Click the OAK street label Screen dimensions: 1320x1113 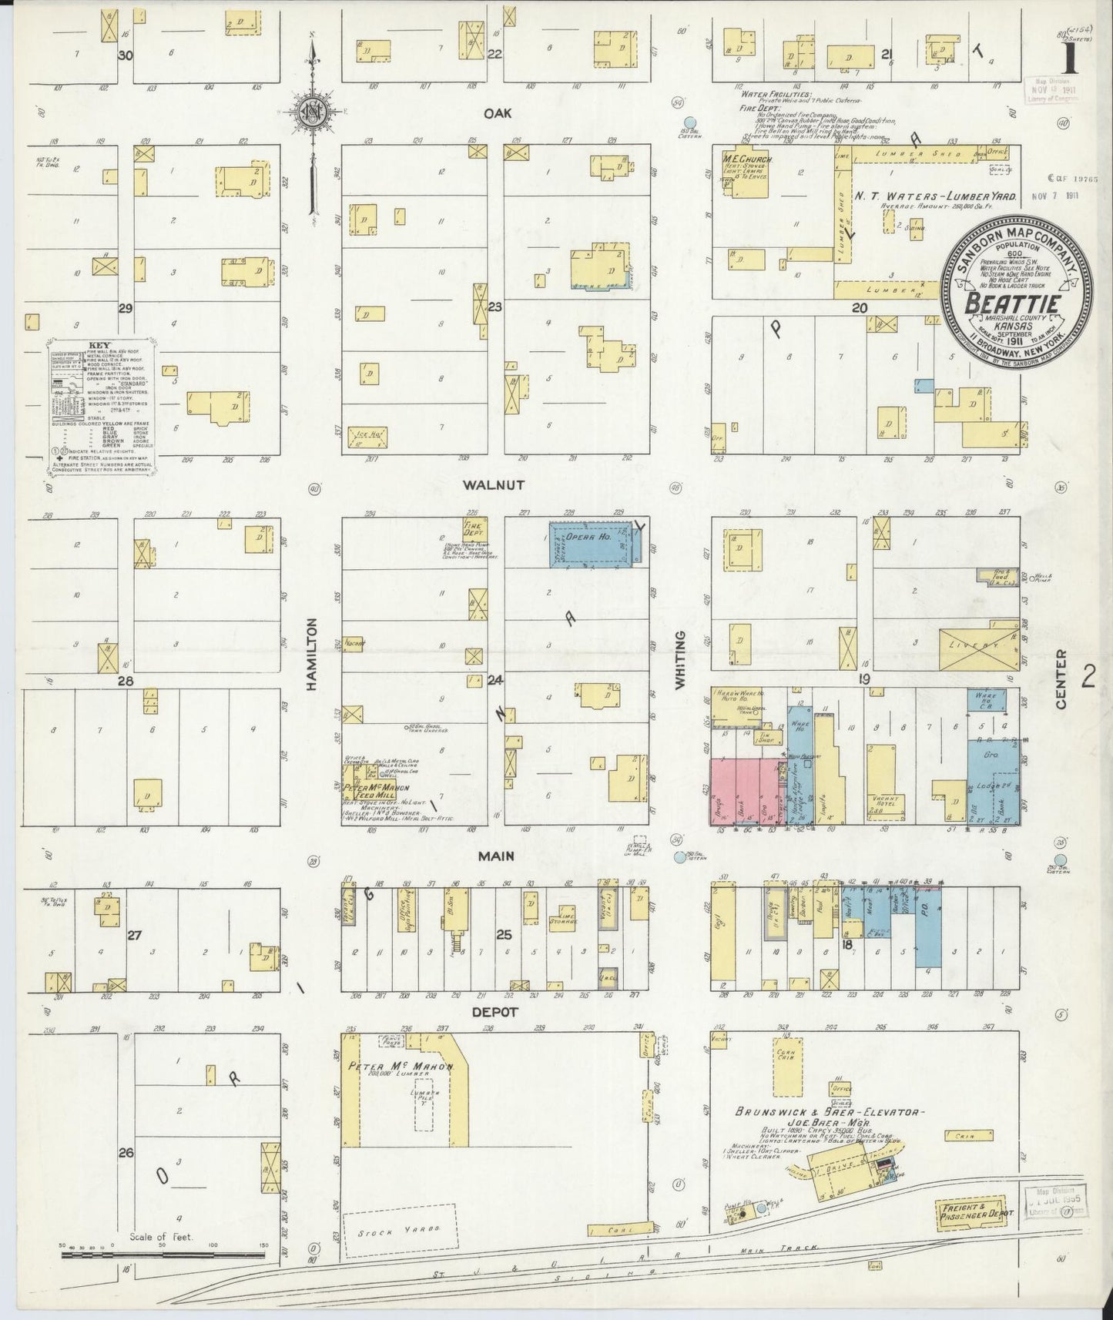(498, 112)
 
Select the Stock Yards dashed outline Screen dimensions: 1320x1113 (398, 1230)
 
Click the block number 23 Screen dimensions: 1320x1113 (494, 307)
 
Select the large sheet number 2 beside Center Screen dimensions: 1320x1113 (1088, 676)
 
